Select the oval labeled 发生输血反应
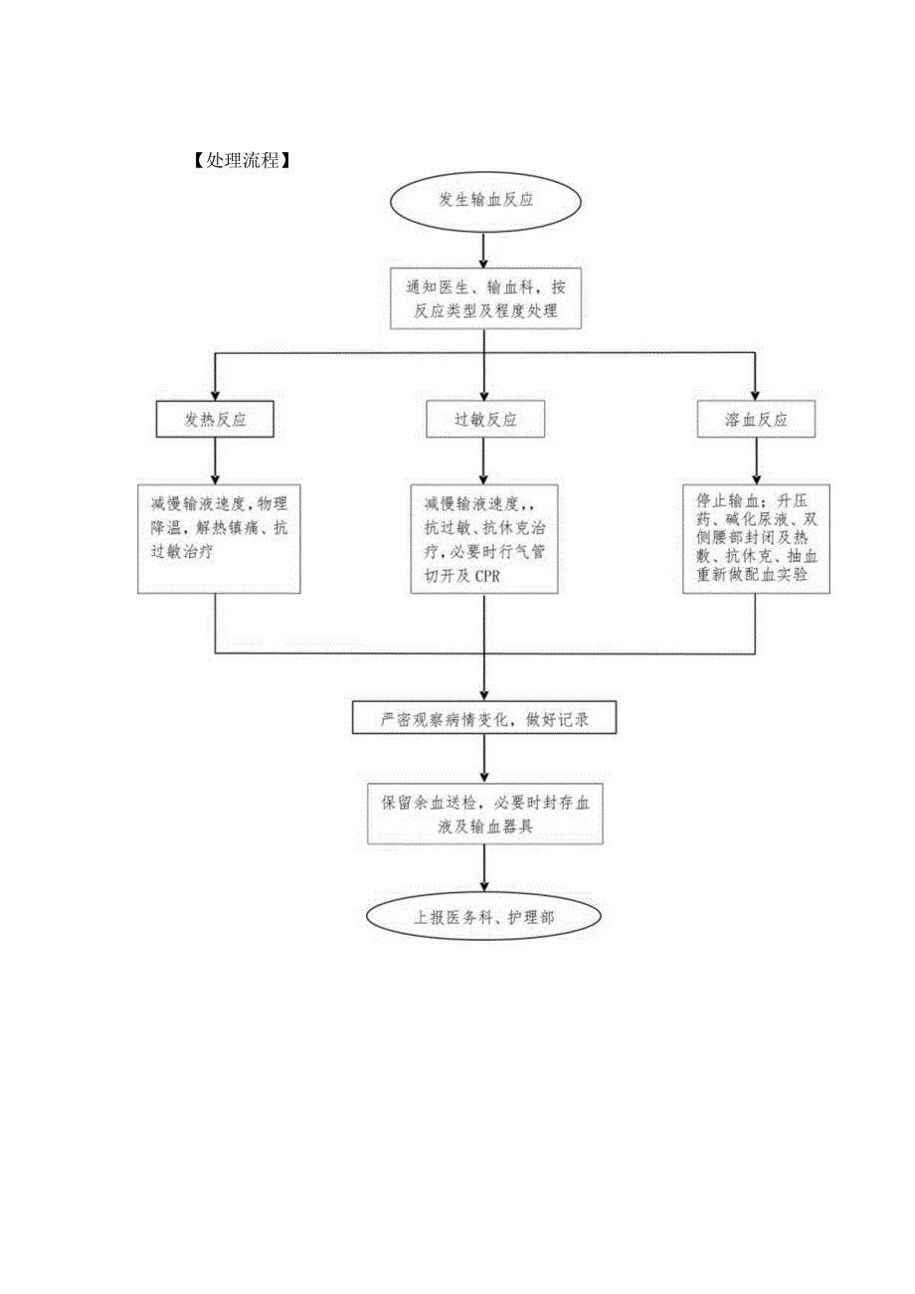coord(485,200)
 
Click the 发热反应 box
coord(216,420)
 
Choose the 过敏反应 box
coord(485,420)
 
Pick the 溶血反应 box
coord(756,420)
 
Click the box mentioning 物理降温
coord(219,538)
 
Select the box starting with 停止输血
coord(756,538)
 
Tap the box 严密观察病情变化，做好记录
coord(484,718)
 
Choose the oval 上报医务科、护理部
coord(484,917)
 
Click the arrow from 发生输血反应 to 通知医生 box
coord(483,250)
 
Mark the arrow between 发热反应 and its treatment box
coord(216,461)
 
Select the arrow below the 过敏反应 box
coord(483,461)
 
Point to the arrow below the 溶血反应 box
coord(756,461)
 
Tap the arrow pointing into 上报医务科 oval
coord(483,868)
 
